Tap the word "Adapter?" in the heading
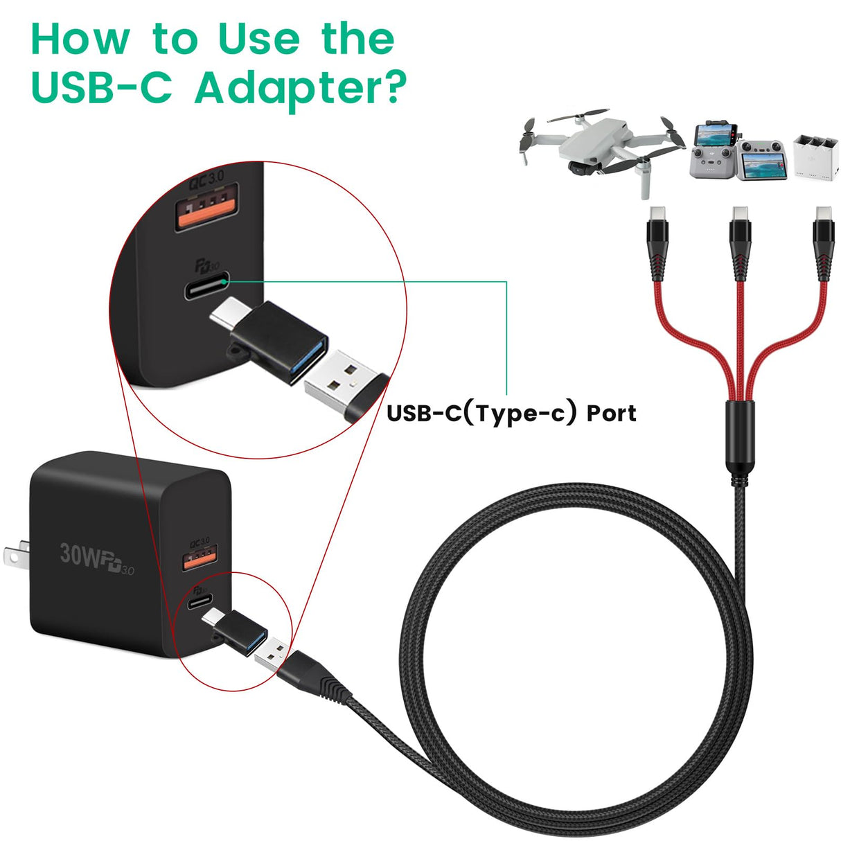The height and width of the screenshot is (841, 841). pos(300,88)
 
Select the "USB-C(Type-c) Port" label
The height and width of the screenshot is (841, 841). pos(511,413)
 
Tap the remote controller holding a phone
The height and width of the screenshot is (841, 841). pos(712,150)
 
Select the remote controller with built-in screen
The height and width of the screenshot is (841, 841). pos(761,160)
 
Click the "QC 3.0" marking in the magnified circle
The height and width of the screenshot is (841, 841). pos(206,178)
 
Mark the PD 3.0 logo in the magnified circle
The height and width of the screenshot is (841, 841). pos(206,265)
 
